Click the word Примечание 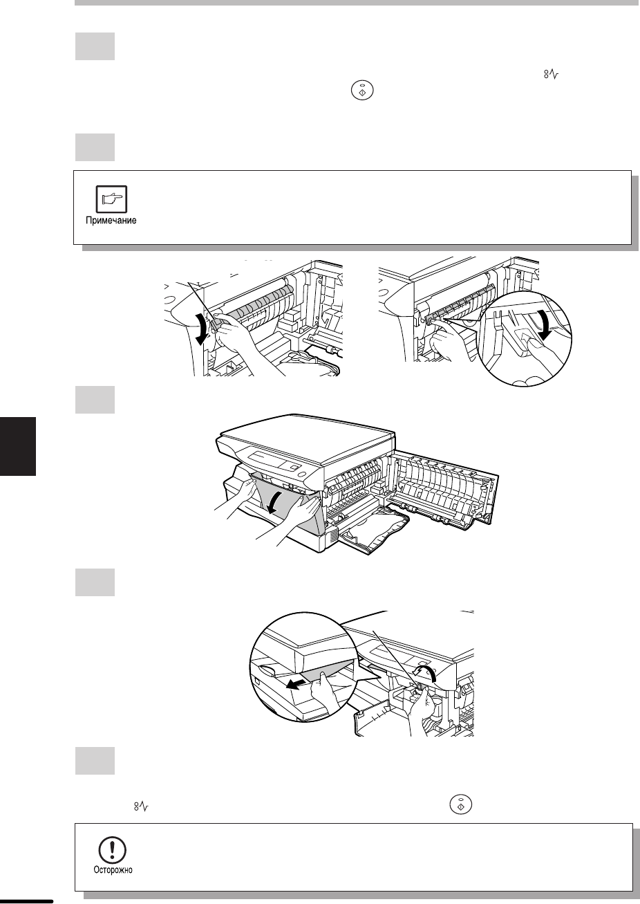[111, 221]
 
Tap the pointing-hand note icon [111, 199]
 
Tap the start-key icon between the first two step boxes [363, 91]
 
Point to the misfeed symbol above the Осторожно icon [142, 806]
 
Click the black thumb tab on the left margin [18, 446]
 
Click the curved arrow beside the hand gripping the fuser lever [203, 329]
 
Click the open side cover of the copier [447, 489]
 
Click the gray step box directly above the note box [95, 147]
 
